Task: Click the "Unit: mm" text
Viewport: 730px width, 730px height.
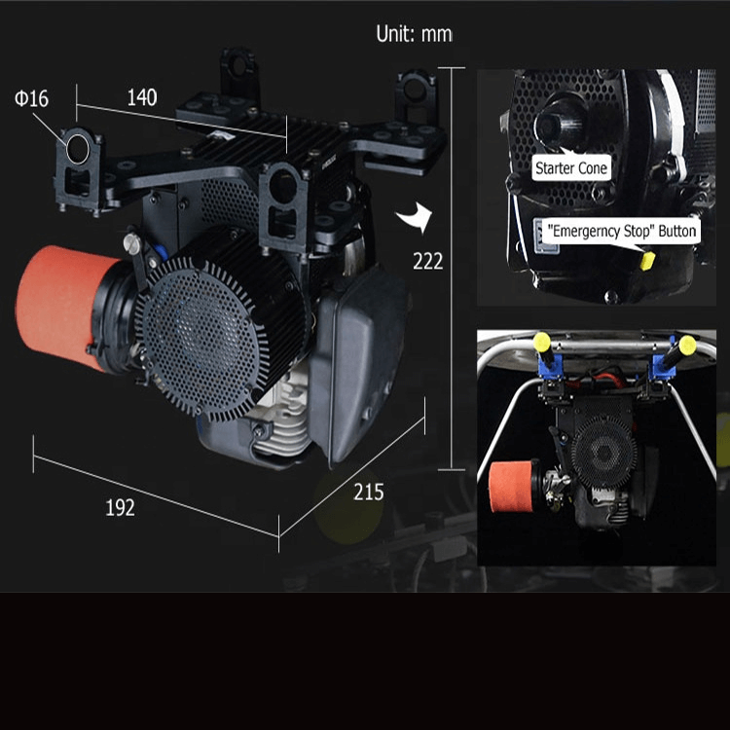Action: point(414,34)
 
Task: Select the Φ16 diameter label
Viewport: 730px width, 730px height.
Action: point(31,98)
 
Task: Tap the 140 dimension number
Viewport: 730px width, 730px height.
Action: point(142,97)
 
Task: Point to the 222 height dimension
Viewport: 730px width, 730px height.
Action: point(428,261)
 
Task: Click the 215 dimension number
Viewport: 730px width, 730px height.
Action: point(369,493)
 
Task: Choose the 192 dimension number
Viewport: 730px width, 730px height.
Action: point(120,508)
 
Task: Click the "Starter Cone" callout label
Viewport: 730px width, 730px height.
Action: point(571,167)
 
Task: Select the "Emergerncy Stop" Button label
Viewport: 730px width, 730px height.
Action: point(622,231)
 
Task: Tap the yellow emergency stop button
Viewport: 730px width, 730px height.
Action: point(647,260)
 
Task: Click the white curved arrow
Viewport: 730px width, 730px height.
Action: point(416,217)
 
